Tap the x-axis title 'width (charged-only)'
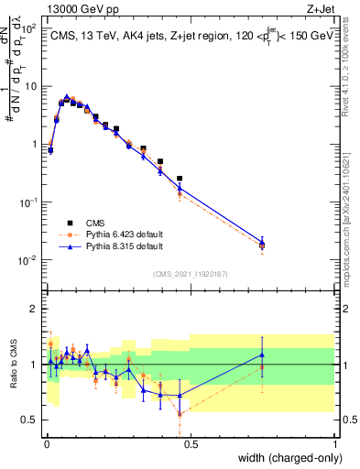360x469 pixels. click(x=286, y=458)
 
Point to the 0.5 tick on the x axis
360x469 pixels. click(x=191, y=443)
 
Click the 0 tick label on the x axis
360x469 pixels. click(x=46, y=443)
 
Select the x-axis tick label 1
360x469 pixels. click(x=335, y=443)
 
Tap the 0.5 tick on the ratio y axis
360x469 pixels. click(x=32, y=420)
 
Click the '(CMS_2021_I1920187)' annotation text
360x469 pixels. click(x=190, y=273)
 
